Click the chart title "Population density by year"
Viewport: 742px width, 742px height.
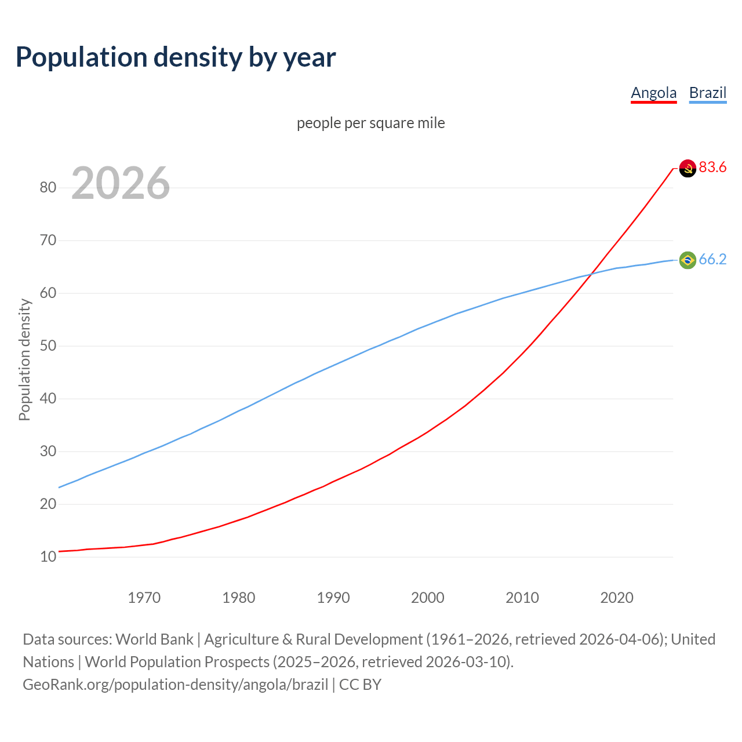pos(176,57)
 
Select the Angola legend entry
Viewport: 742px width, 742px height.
pos(653,93)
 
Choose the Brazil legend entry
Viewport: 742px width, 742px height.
pos(707,93)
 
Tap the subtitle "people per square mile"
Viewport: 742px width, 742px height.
pos(370,123)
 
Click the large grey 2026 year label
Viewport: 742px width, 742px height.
pos(121,183)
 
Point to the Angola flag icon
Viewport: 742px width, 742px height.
pos(688,168)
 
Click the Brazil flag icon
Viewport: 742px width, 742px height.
pos(688,260)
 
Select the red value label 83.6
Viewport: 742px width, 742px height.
pos(712,168)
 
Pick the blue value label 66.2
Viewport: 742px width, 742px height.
pos(712,259)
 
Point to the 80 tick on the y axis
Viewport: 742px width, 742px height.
pos(48,187)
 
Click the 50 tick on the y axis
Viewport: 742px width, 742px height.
pos(48,345)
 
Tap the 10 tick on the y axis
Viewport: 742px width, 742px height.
pos(48,556)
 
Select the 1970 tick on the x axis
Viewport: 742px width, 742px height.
pos(144,598)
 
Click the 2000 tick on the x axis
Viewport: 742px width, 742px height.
pos(427,598)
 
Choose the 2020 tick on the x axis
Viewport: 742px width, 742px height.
pos(616,598)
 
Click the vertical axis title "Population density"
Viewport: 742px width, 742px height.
pos(24,359)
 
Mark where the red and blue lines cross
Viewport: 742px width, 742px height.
pos(591,274)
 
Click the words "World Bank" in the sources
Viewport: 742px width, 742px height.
pos(154,639)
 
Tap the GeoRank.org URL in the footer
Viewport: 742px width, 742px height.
pos(175,685)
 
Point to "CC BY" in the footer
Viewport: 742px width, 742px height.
pos(360,685)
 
